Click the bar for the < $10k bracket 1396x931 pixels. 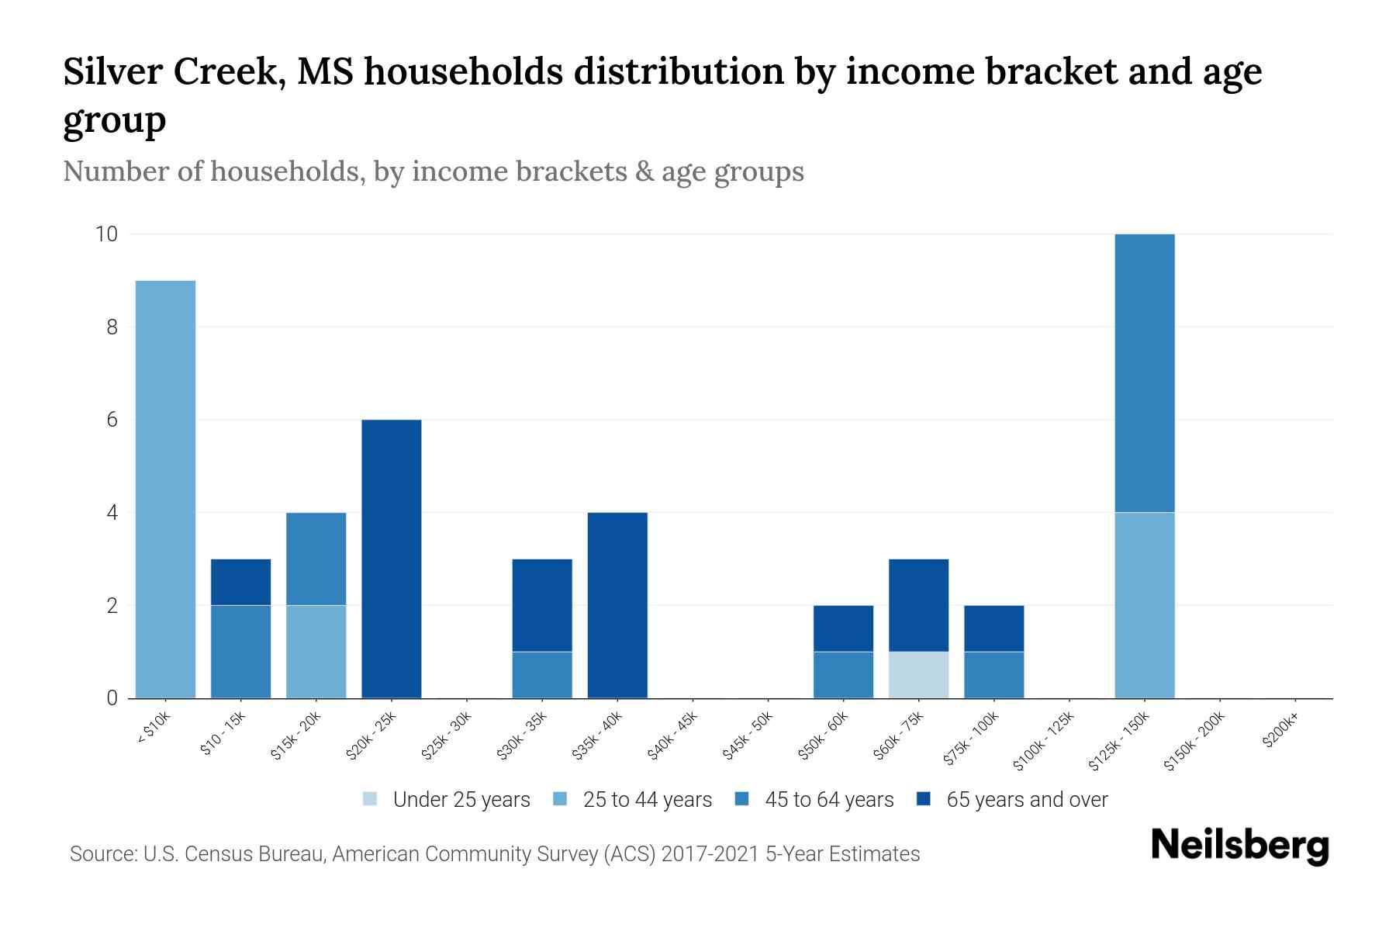(x=165, y=489)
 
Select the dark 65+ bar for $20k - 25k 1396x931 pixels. (x=392, y=559)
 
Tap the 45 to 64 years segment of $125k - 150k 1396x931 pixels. (x=1145, y=372)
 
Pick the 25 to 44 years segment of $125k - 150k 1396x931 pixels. (x=1145, y=605)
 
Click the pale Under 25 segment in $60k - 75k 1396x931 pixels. (x=918, y=675)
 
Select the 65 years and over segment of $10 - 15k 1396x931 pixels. (x=241, y=582)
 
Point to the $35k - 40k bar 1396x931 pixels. (x=617, y=605)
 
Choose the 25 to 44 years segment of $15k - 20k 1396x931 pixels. (x=316, y=652)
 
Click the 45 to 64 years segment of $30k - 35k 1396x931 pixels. (x=542, y=675)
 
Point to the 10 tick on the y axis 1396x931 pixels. (x=106, y=234)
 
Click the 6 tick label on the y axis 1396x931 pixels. (x=112, y=420)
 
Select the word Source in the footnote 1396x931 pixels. (x=102, y=854)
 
